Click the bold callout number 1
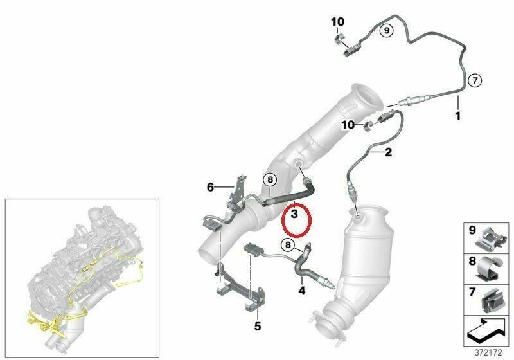[457, 116]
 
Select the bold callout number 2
[388, 152]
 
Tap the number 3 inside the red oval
[294, 214]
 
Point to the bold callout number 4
[301, 290]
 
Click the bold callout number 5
[258, 326]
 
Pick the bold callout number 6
[210, 187]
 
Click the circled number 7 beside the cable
[475, 80]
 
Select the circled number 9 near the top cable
[387, 30]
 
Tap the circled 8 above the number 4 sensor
[288, 244]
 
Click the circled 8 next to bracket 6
[270, 179]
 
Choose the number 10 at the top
[338, 22]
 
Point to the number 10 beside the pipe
[348, 125]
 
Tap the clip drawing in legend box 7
[492, 300]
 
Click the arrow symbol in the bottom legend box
[488, 330]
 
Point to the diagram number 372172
[488, 353]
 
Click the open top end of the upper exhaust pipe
[367, 98]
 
